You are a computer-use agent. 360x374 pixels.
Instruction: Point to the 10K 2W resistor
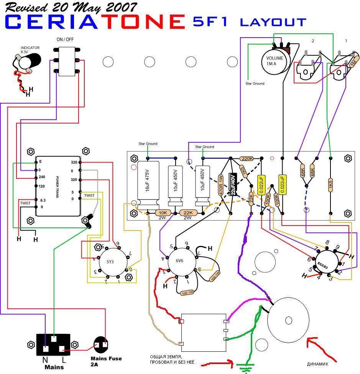tap(163, 213)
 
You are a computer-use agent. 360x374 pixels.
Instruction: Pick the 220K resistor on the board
tap(246, 158)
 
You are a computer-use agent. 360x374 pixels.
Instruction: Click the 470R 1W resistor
tap(221, 186)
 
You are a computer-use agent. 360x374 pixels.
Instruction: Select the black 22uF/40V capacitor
tap(232, 184)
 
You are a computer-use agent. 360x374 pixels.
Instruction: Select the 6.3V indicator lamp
tap(29, 61)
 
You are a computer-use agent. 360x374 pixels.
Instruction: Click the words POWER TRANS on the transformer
tap(58, 185)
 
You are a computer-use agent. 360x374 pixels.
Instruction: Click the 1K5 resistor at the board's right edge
tap(330, 184)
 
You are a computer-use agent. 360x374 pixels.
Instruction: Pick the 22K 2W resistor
tap(188, 213)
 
